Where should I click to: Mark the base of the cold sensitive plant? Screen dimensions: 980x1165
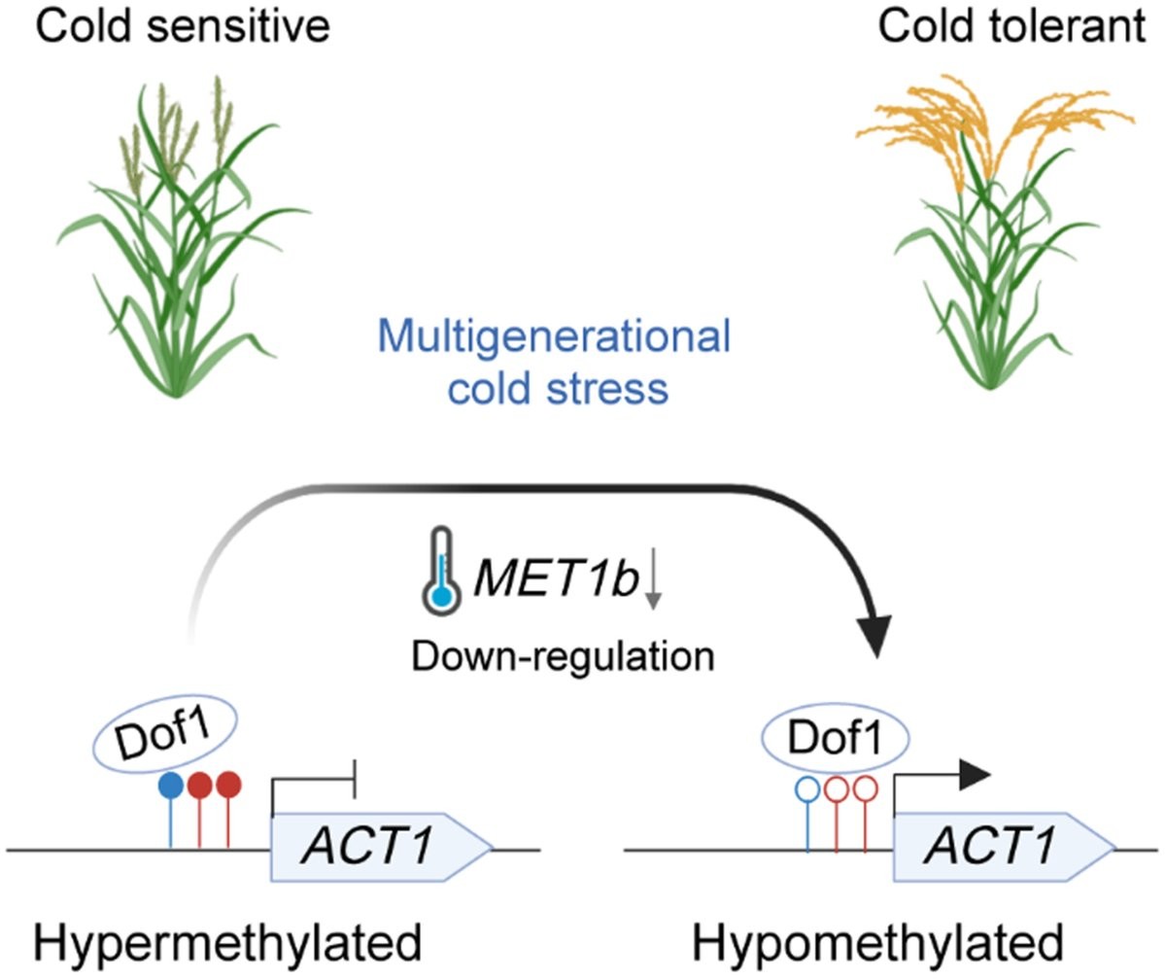tap(177, 389)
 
